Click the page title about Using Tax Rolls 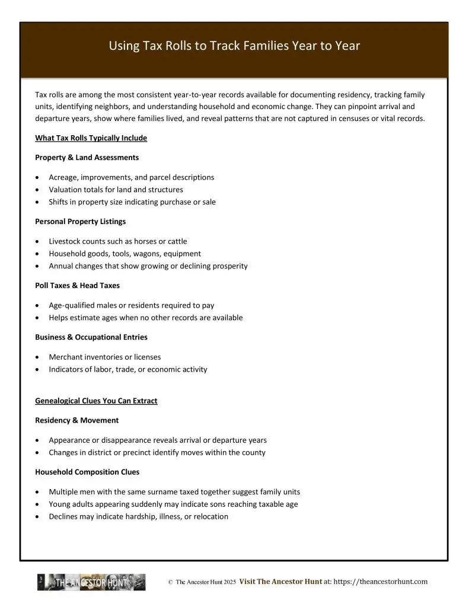click(x=234, y=46)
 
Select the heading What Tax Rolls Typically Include click(x=91, y=138)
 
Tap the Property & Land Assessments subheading click(x=87, y=158)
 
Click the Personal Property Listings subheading click(x=80, y=222)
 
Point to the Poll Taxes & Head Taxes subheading click(x=77, y=286)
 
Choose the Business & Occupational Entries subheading click(x=91, y=337)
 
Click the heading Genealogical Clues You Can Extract click(x=96, y=401)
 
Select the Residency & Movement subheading click(x=76, y=420)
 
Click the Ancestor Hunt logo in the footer click(x=91, y=582)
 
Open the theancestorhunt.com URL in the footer click(x=380, y=582)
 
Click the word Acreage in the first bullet click(x=63, y=177)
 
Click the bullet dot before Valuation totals click(x=38, y=190)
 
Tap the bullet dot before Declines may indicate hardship click(x=38, y=516)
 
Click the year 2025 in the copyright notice click(x=230, y=583)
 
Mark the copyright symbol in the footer click(x=170, y=583)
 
